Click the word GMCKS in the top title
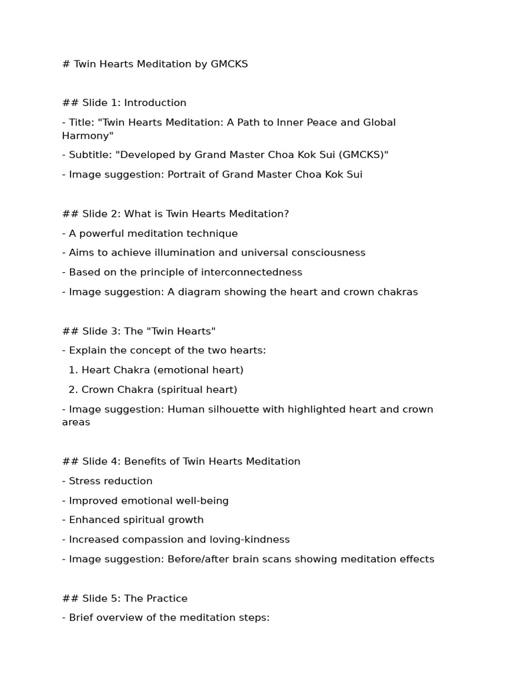229,64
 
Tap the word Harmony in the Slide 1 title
85,135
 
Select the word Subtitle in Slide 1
90,155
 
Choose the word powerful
103,233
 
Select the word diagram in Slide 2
199,291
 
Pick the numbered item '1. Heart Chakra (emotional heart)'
156,370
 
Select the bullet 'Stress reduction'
111,481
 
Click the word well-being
203,500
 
